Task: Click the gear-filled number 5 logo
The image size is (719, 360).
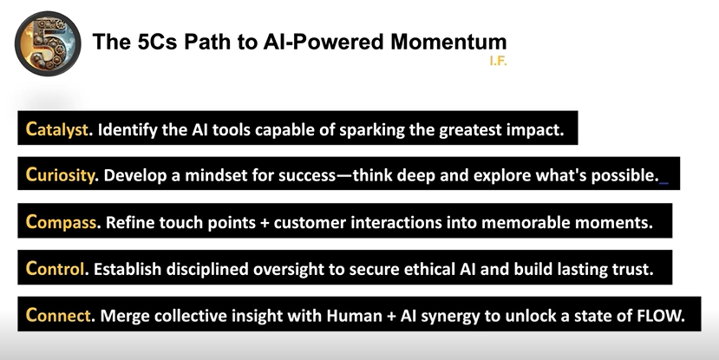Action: [48, 43]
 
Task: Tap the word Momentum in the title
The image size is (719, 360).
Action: [448, 42]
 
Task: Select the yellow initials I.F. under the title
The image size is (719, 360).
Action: [499, 61]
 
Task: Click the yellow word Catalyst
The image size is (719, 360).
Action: [57, 130]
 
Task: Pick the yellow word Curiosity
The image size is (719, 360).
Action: [60, 174]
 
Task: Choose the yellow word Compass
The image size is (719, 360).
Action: [61, 222]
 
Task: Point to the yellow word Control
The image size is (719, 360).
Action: [55, 269]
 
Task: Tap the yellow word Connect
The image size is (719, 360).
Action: [58, 316]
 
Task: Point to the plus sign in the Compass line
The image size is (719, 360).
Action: [265, 223]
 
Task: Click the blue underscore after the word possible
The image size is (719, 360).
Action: [663, 183]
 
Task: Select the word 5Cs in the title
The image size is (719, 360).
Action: [157, 42]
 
